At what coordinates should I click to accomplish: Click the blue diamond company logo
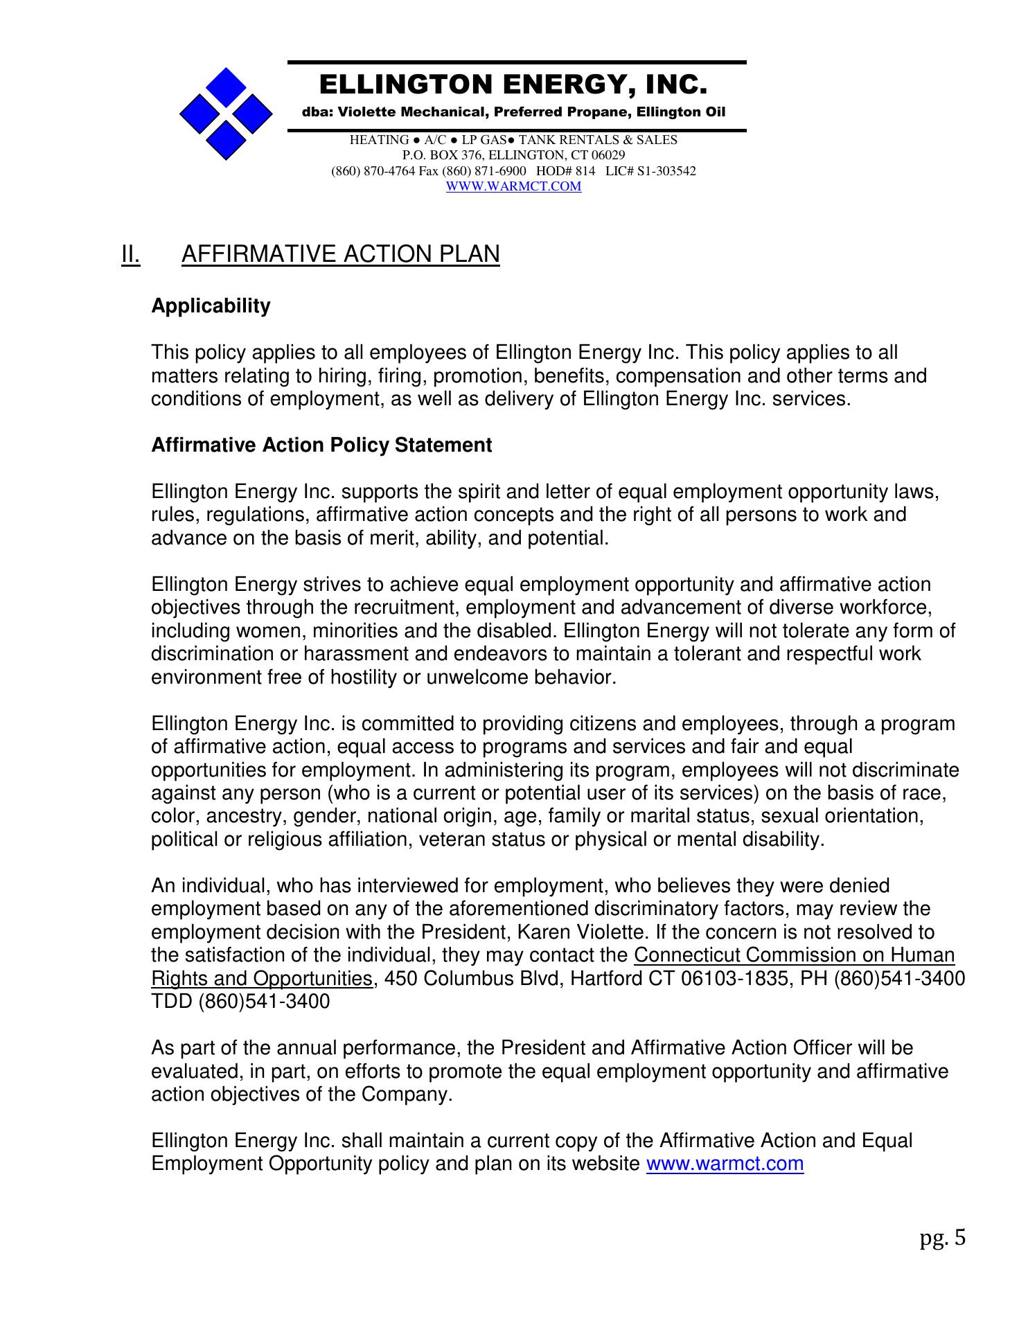pos(226,114)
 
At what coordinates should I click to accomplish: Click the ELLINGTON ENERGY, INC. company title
pos(513,85)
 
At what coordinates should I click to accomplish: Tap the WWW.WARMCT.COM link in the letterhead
pos(513,186)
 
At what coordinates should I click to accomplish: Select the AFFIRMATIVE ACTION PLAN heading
pos(340,254)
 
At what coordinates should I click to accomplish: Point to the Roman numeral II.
pos(130,254)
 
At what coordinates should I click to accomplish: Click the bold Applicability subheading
pos(211,306)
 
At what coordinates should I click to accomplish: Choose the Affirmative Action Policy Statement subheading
pos(321,445)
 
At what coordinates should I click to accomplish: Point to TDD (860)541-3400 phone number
pos(240,1002)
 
